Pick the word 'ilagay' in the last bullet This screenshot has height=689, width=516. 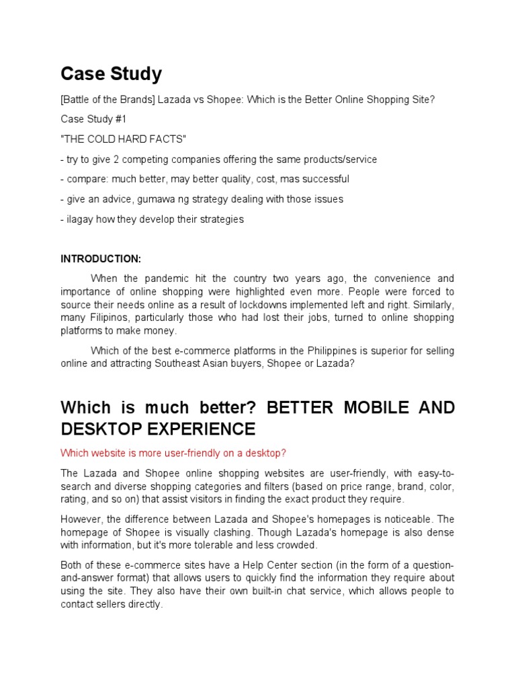click(x=78, y=219)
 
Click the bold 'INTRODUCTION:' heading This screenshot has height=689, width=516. click(x=101, y=258)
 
